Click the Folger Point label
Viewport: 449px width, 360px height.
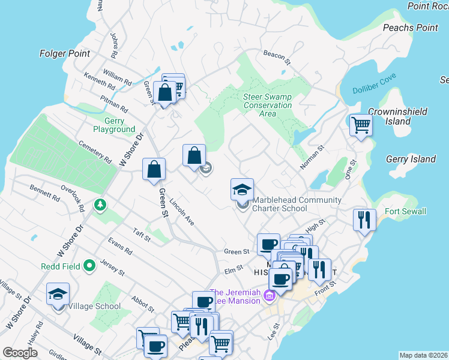[x=65, y=53]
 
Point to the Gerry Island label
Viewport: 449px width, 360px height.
[x=411, y=159]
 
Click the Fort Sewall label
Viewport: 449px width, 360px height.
[x=405, y=211]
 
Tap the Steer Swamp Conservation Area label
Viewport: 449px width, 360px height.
[x=268, y=105]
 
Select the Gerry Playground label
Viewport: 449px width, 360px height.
[x=114, y=125]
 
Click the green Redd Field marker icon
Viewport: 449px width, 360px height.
[x=90, y=265]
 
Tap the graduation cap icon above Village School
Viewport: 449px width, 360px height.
[x=58, y=294]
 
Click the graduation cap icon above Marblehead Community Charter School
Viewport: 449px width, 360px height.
[x=243, y=190]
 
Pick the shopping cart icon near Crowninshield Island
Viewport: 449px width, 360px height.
[x=361, y=125]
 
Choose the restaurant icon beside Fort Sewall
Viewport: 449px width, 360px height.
[x=364, y=220]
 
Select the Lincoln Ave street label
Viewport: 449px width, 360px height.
[x=182, y=212]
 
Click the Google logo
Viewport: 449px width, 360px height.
[x=20, y=353]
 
